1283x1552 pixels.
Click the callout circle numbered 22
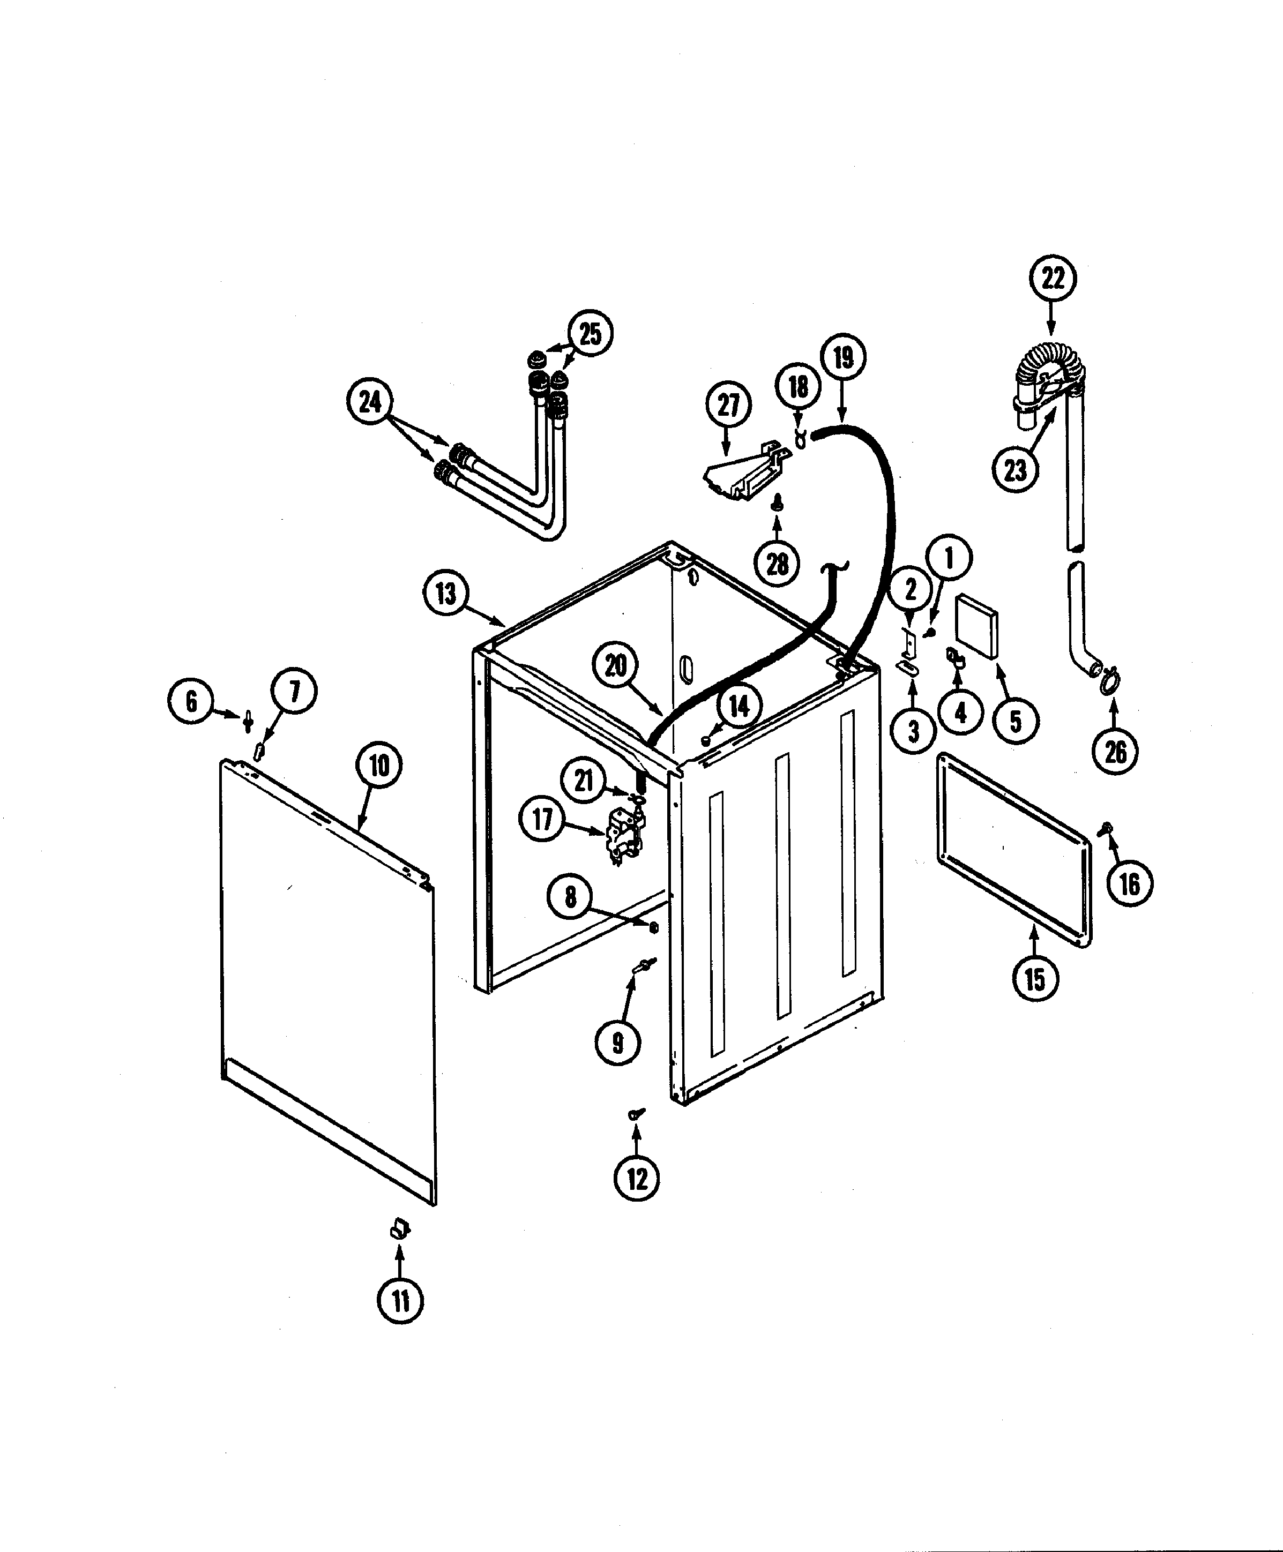click(1053, 279)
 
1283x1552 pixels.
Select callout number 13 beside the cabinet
click(446, 593)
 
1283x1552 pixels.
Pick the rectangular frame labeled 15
click(1014, 850)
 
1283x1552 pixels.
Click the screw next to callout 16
click(1108, 828)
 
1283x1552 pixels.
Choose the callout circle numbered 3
click(913, 731)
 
